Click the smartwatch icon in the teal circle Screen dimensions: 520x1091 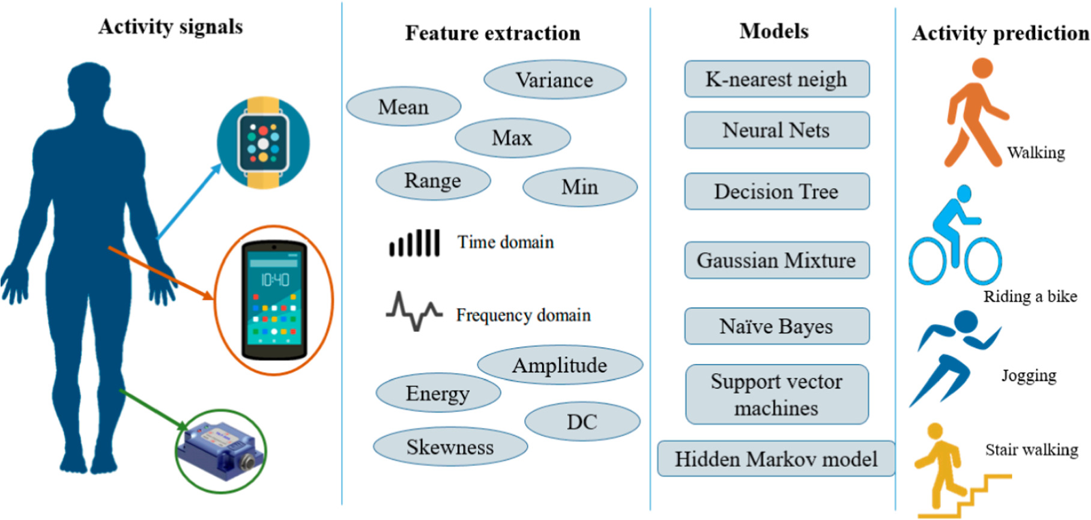tap(263, 143)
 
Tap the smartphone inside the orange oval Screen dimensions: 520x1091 tap(274, 300)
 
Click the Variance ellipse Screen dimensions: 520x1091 tap(555, 80)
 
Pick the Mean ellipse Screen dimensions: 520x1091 tap(403, 107)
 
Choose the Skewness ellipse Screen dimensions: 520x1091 tap(450, 447)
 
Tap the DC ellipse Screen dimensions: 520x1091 tap(582, 422)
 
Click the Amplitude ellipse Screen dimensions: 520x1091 tap(560, 365)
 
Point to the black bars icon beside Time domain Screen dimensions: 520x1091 tap(414, 243)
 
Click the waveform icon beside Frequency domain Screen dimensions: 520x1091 tap(414, 311)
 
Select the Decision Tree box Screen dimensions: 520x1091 tap(776, 192)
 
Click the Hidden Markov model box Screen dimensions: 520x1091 tap(776, 459)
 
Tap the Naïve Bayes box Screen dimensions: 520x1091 tap(776, 326)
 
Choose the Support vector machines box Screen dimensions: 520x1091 tap(776, 395)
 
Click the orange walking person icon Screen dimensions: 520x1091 tap(973, 114)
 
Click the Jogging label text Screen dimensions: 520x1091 tap(1029, 376)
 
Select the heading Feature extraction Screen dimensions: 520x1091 tap(492, 33)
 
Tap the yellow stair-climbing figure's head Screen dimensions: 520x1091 tap(934, 431)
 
